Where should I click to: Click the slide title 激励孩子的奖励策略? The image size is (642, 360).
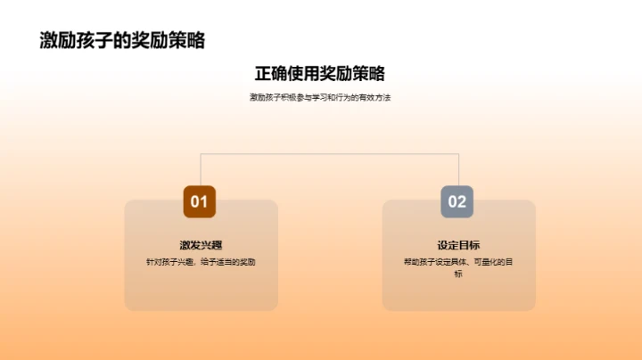click(123, 40)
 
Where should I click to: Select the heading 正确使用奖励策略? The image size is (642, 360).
click(320, 73)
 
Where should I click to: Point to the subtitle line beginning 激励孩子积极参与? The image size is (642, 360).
click(320, 97)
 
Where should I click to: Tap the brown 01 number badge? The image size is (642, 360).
click(200, 201)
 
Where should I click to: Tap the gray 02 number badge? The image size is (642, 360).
click(457, 201)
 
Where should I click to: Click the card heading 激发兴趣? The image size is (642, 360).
click(200, 245)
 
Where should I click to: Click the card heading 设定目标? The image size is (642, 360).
click(458, 245)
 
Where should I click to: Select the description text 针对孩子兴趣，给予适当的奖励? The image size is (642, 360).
click(200, 262)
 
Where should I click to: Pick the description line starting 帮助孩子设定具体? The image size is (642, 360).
click(458, 262)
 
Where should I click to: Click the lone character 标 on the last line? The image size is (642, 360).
click(458, 274)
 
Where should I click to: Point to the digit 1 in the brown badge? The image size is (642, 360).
click(206, 201)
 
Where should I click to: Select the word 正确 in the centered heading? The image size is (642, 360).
click(271, 73)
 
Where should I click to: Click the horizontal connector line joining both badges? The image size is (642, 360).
click(329, 153)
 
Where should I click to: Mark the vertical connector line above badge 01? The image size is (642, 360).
click(201, 169)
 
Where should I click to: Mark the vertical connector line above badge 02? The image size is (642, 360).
click(458, 169)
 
